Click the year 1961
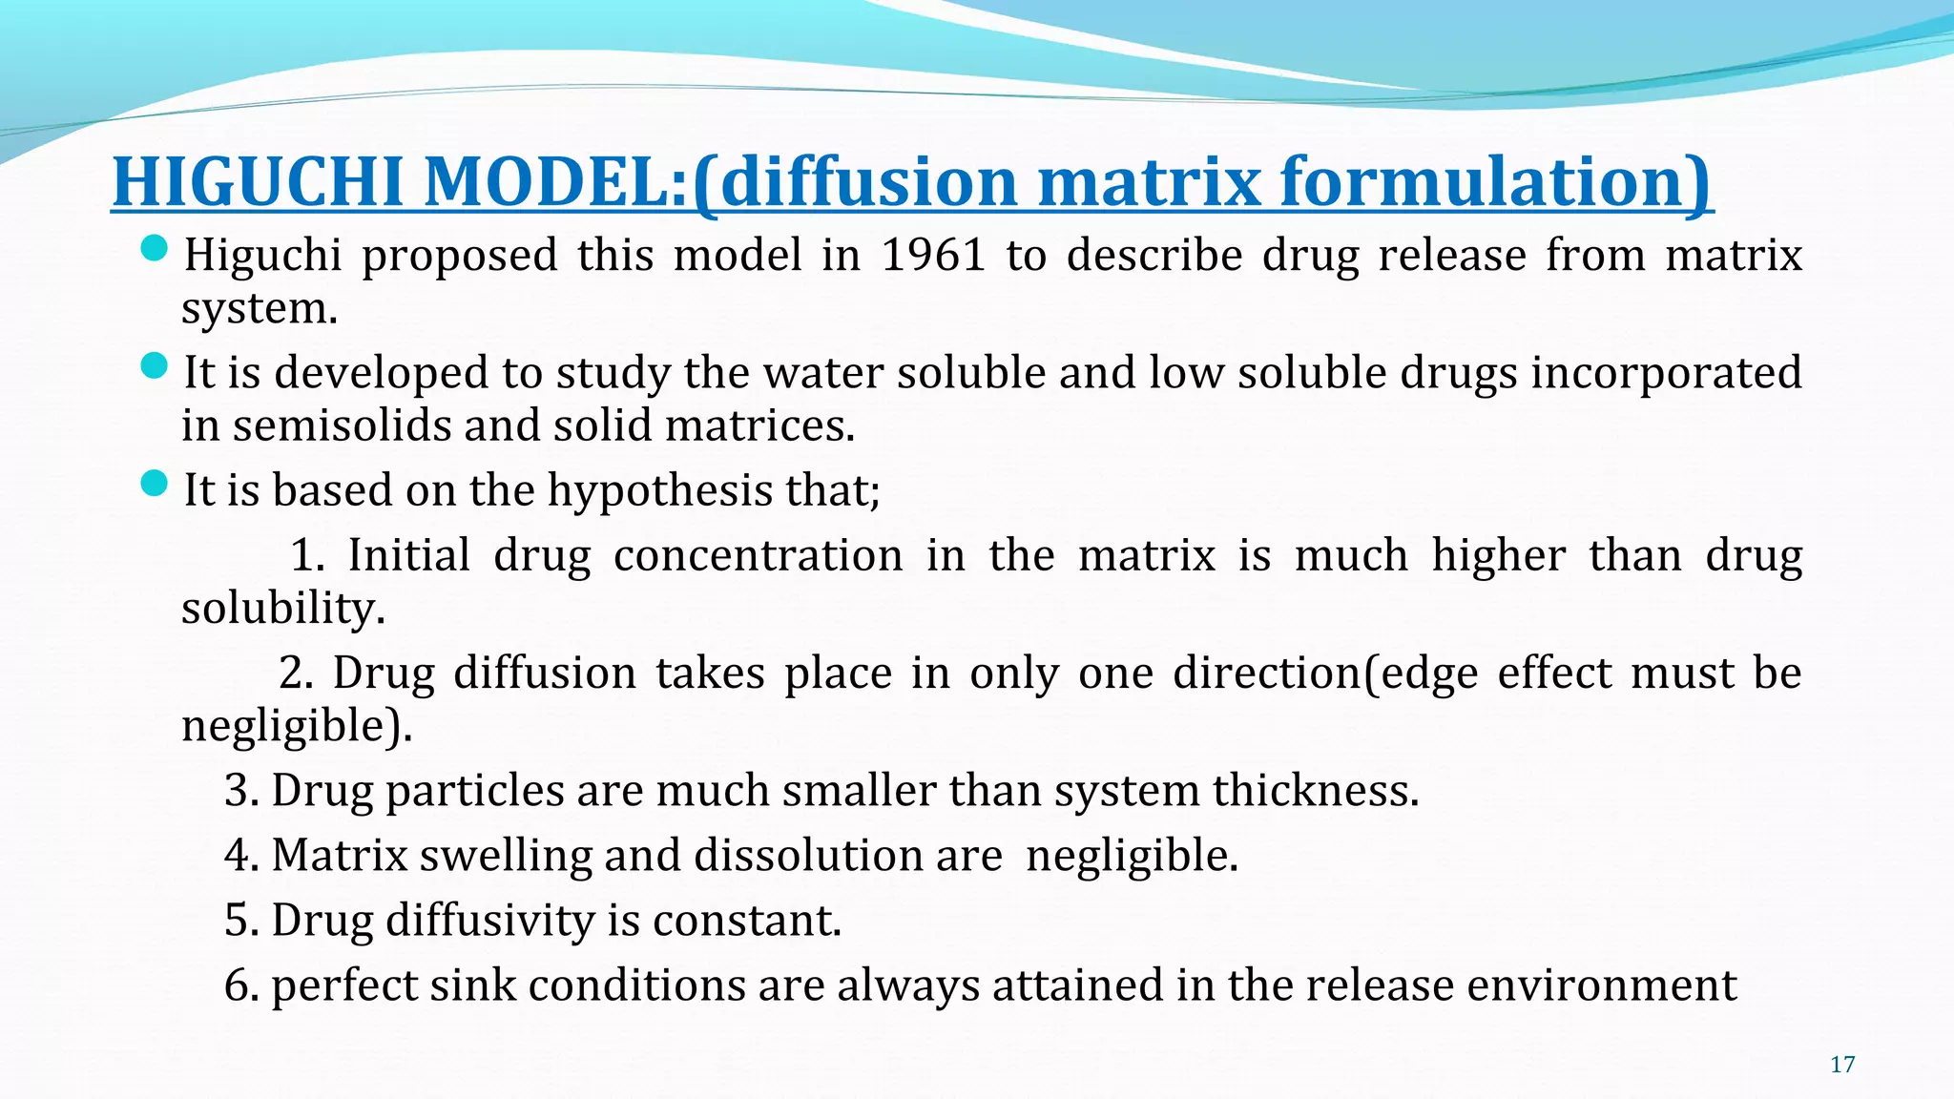932,256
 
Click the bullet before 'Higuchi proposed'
154,250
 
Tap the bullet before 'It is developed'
154,366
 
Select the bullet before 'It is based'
154,484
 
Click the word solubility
282,609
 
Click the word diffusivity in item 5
489,921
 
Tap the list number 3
239,791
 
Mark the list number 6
239,985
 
